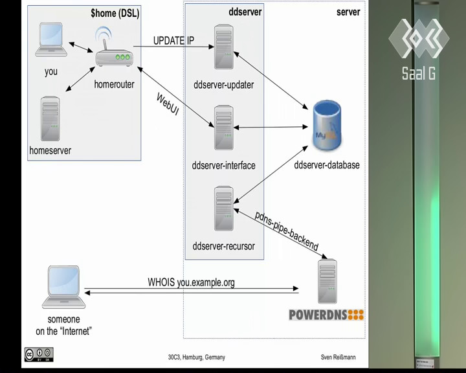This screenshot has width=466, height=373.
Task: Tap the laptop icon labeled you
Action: click(x=51, y=40)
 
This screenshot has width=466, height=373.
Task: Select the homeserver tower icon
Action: click(x=50, y=119)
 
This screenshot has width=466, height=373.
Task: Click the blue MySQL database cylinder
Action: click(x=327, y=125)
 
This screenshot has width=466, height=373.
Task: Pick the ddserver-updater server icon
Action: click(x=224, y=47)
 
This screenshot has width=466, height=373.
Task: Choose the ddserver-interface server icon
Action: click(x=224, y=128)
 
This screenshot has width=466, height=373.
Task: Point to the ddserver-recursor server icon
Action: click(x=224, y=209)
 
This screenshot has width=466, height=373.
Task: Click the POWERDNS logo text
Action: click(x=326, y=315)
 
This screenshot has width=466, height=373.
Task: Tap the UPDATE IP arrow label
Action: click(x=173, y=40)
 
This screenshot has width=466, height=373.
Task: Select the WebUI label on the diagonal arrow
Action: click(x=168, y=104)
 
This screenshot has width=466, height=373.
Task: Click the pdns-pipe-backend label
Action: click(x=287, y=231)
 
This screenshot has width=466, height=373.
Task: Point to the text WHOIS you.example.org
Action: click(x=191, y=282)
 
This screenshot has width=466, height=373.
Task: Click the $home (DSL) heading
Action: click(x=115, y=13)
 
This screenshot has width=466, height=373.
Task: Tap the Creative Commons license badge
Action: click(x=39, y=355)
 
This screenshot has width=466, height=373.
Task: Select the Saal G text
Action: click(x=419, y=73)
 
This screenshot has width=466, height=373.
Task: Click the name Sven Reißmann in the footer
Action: click(x=338, y=357)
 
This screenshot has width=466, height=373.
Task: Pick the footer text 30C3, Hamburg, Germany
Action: click(x=197, y=357)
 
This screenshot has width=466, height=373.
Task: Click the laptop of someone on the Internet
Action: click(x=63, y=287)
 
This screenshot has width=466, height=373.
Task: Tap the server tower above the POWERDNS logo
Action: click(x=327, y=282)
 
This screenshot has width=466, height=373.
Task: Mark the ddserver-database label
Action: click(x=327, y=164)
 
